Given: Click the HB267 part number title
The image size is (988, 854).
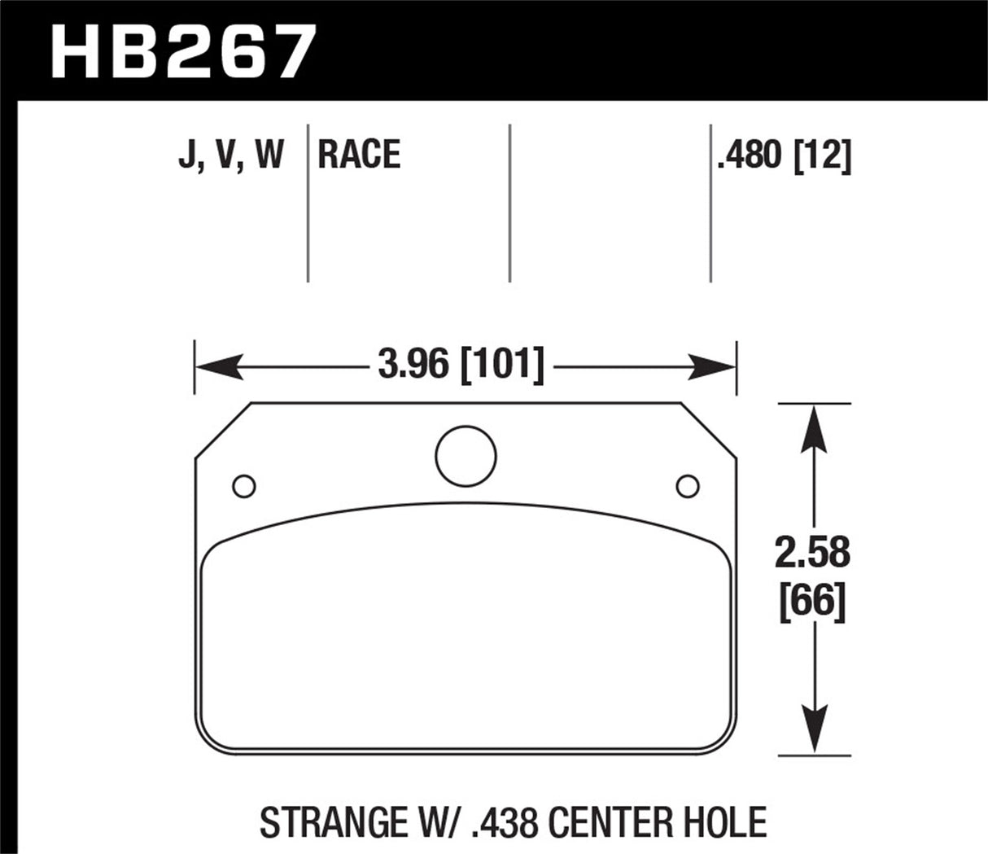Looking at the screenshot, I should point(181,50).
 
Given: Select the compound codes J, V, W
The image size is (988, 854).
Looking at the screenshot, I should point(230,155).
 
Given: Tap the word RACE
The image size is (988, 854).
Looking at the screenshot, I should point(359,155).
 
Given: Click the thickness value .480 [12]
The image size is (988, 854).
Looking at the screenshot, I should point(784,155).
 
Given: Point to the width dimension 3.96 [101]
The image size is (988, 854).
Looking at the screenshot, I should point(461,365).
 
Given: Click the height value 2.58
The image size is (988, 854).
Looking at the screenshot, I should point(812,554).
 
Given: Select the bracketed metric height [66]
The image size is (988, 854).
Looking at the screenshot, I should point(812,603).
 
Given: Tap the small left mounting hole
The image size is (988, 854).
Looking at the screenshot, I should point(243,486).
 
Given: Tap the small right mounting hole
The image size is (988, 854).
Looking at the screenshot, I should point(688,486).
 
